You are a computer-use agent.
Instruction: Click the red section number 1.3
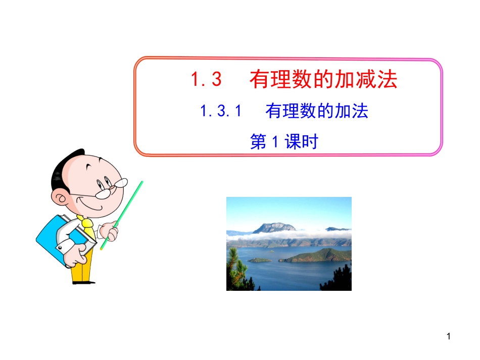click(x=206, y=80)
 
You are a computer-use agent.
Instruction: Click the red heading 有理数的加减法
click(x=323, y=80)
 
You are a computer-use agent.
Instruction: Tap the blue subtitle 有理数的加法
click(x=317, y=112)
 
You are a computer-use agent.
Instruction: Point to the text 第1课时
click(x=284, y=142)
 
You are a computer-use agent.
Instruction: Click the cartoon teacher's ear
click(x=62, y=198)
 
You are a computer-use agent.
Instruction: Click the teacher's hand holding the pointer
click(x=110, y=232)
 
